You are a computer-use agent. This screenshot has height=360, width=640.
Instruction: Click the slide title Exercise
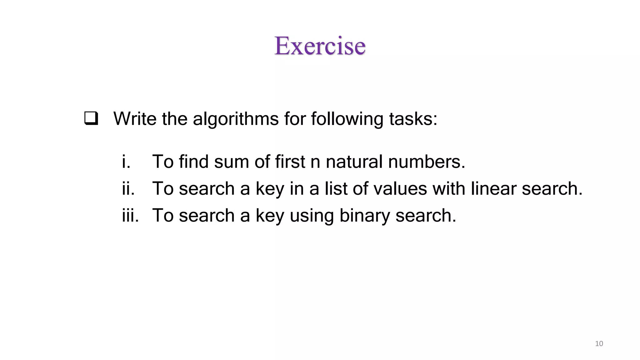pos(320,46)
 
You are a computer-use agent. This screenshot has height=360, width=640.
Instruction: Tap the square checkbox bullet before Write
pos(91,119)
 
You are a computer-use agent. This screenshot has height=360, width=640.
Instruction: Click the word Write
pos(135,119)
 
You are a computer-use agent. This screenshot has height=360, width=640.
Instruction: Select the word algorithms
pos(236,119)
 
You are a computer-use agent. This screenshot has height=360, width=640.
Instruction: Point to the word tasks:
pos(413,119)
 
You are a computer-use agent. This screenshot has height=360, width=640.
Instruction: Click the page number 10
pos(599,344)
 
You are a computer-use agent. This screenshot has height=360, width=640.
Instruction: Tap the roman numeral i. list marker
pos(126,162)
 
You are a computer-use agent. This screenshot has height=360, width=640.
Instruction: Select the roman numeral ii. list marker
pos(128,188)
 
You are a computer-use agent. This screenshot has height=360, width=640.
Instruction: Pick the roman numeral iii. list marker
pos(130,215)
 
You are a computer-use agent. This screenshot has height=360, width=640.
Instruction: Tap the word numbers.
pos(427,162)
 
